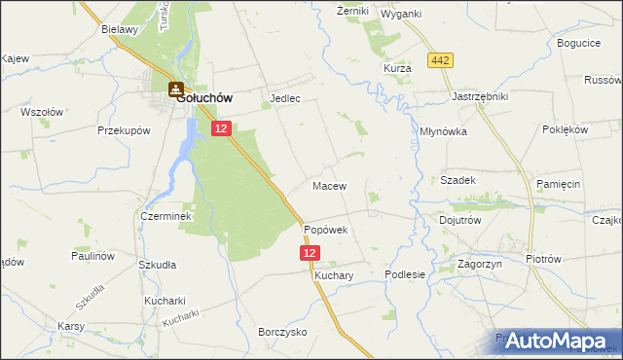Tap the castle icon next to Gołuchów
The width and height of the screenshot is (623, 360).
176,90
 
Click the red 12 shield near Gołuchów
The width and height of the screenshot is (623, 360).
222,127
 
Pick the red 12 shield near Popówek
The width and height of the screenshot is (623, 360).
310,253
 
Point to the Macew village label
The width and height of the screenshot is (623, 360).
329,185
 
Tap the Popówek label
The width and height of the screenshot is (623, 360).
325,230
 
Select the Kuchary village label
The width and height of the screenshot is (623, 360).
333,275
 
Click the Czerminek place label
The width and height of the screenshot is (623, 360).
162,216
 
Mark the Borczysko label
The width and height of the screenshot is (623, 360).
282,332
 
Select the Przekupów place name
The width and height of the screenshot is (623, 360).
122,129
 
